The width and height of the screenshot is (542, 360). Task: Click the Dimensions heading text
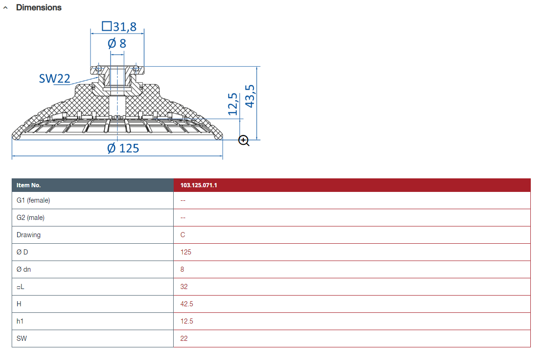pyautogui.click(x=39, y=7)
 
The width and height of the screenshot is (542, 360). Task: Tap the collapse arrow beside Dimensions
pyautogui.click(x=5, y=7)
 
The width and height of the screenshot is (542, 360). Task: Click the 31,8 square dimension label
pyautogui.click(x=119, y=27)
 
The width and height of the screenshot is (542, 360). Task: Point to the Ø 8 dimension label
pyautogui.click(x=117, y=43)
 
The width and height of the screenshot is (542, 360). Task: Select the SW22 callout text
pyautogui.click(x=55, y=78)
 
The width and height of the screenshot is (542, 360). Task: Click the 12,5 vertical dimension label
pyautogui.click(x=232, y=104)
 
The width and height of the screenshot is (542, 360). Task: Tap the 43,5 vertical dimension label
pyautogui.click(x=250, y=96)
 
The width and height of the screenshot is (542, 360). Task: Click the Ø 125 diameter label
pyautogui.click(x=123, y=148)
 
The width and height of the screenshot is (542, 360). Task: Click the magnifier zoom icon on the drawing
pyautogui.click(x=244, y=141)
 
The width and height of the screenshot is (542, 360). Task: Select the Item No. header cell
pyautogui.click(x=28, y=185)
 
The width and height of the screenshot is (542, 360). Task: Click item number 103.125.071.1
pyautogui.click(x=199, y=185)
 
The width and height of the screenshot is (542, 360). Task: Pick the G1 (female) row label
pyautogui.click(x=33, y=201)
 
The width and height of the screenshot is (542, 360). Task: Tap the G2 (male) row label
pyautogui.click(x=30, y=218)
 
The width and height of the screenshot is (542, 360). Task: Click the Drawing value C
pyautogui.click(x=183, y=235)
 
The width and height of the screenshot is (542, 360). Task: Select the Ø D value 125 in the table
pyautogui.click(x=186, y=252)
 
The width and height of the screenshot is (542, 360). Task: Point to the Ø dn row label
pyautogui.click(x=23, y=269)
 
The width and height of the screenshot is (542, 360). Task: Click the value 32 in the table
pyautogui.click(x=184, y=287)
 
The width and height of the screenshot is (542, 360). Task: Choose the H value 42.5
pyautogui.click(x=187, y=304)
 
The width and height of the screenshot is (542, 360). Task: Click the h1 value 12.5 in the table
pyautogui.click(x=187, y=321)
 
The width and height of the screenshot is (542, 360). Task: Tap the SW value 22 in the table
pyautogui.click(x=184, y=339)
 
